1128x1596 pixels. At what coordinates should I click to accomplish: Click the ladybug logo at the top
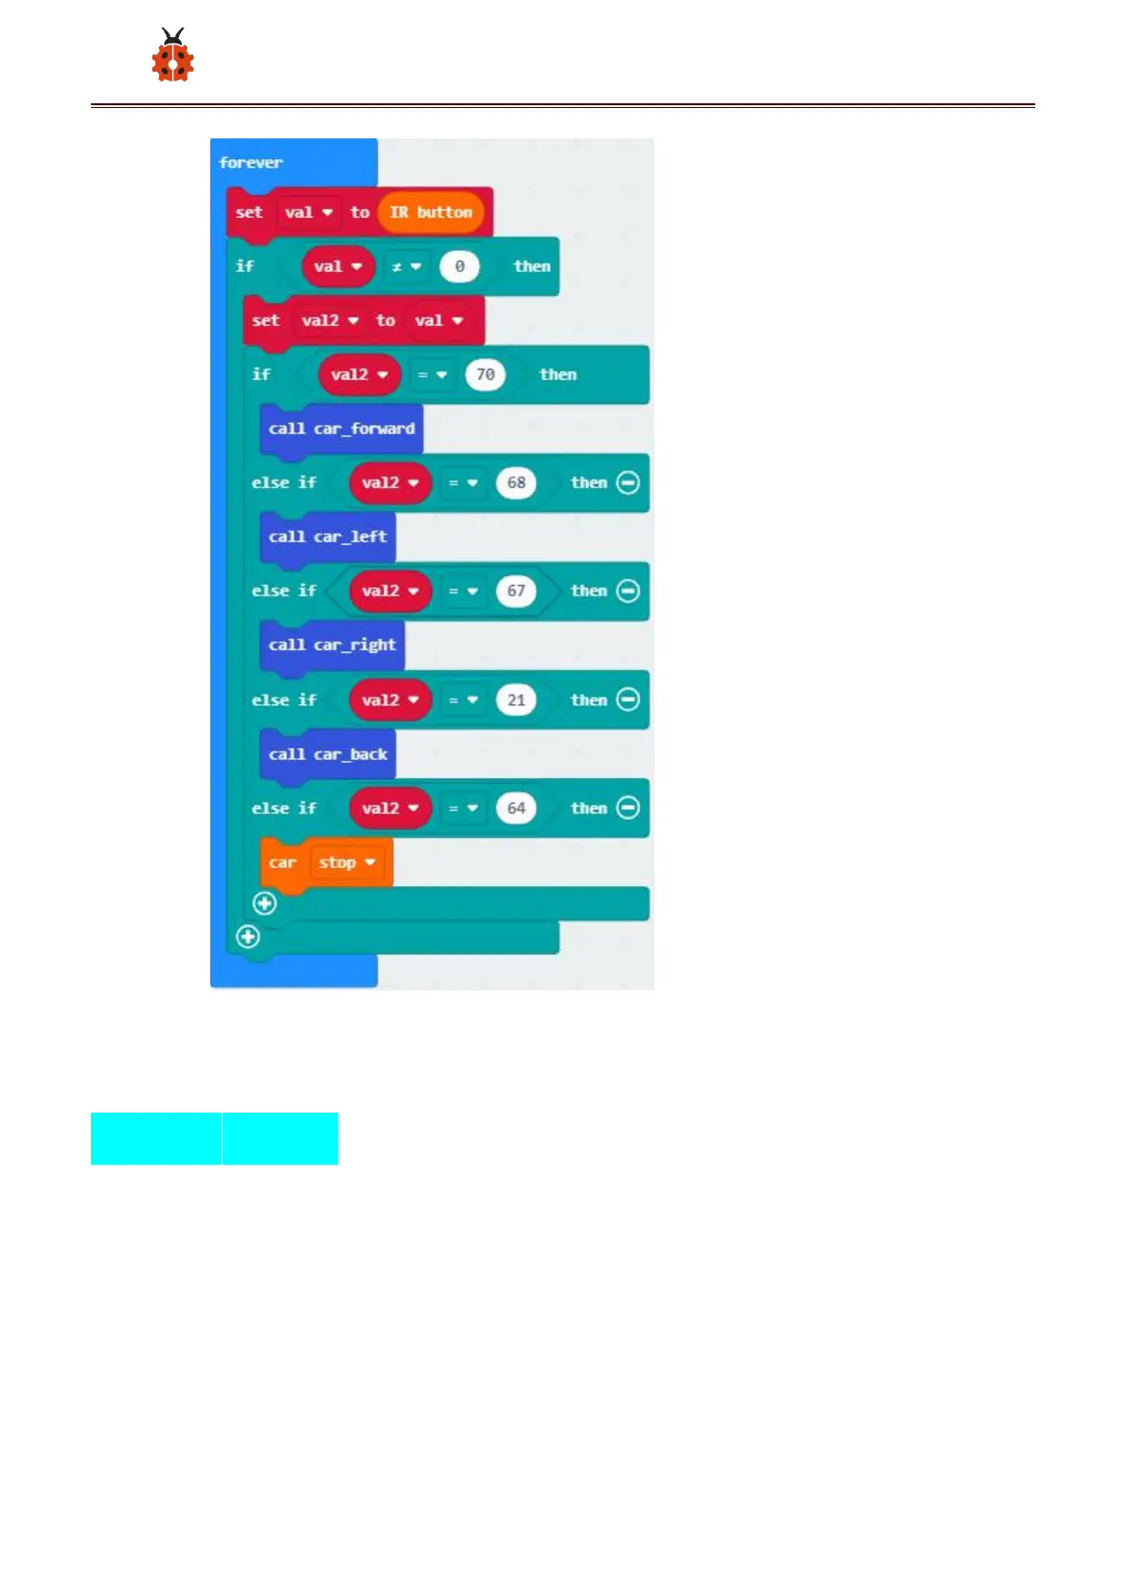point(172,55)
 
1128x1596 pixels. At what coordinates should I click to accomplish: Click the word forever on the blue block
point(251,163)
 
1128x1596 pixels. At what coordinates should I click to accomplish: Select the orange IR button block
point(431,212)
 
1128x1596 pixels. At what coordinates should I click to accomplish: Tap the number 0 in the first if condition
point(459,267)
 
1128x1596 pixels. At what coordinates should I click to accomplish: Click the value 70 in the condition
point(485,375)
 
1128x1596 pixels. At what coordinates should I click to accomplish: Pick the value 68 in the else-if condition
point(516,483)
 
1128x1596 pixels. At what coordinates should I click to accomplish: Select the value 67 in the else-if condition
point(516,591)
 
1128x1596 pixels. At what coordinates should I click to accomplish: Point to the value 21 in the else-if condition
point(516,700)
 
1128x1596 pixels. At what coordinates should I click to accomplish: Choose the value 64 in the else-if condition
point(516,808)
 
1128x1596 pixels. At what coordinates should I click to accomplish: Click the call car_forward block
point(341,429)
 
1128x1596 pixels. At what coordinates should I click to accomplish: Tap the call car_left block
point(328,537)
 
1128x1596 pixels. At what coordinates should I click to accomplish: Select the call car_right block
point(331,645)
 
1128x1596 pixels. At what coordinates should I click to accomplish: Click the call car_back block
point(328,754)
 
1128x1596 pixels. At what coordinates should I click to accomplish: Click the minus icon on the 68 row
point(628,482)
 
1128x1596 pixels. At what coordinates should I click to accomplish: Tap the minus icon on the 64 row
point(628,807)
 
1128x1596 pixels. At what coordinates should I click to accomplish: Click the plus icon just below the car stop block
point(265,903)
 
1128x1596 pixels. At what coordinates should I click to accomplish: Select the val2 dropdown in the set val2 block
point(330,321)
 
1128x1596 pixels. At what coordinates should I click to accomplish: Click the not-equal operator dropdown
point(406,267)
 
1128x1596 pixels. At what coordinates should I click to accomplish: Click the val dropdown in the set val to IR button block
point(309,213)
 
